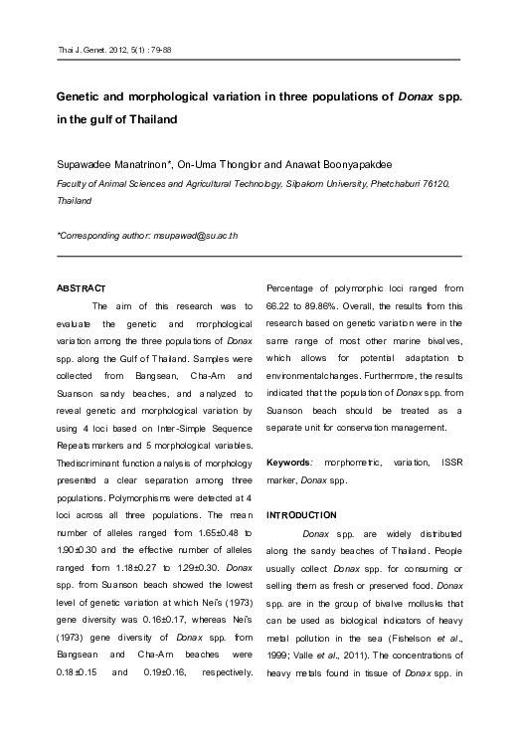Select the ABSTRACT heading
pos(83,288)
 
